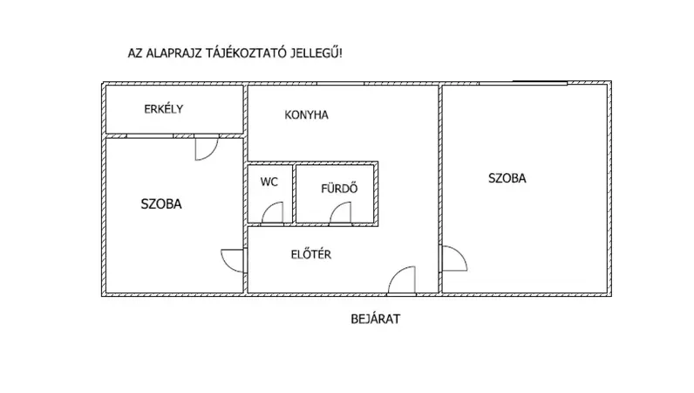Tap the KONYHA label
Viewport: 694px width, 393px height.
pos(306,114)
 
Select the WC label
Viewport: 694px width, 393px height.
pos(269,183)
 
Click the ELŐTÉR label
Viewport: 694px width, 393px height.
pos(310,255)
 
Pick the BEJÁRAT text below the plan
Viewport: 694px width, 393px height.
pos(375,320)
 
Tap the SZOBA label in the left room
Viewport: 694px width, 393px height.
pos(161,204)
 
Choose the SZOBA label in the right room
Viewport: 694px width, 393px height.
pos(507,177)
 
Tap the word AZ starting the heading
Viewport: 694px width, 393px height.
pos(135,53)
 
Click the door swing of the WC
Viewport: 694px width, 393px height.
pos(274,214)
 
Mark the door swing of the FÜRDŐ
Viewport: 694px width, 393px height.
pos(343,214)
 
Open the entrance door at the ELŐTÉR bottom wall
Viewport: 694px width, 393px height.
pos(402,280)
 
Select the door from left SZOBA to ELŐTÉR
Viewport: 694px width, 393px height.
pos(232,260)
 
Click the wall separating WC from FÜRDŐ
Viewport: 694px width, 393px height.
pos(292,193)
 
